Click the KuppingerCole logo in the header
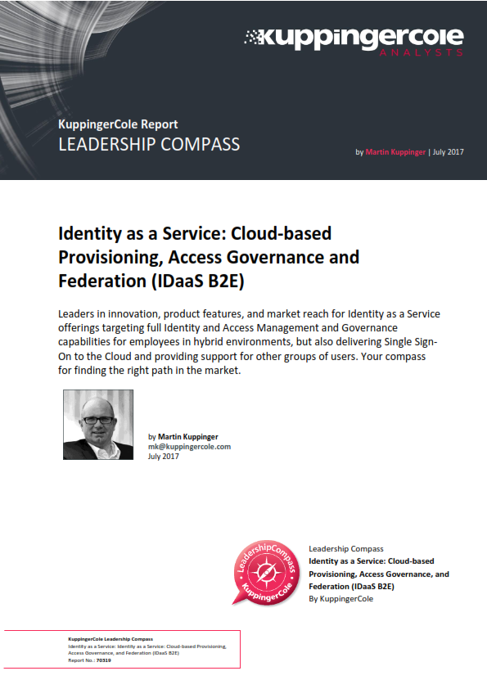[354, 37]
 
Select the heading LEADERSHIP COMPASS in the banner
[149, 145]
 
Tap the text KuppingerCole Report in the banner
[118, 125]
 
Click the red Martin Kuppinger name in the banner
[396, 152]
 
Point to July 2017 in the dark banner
[449, 152]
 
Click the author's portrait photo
[98, 424]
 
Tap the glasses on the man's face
[98, 421]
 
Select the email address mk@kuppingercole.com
[189, 447]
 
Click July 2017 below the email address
[164, 457]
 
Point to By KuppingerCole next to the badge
[340, 599]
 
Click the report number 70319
[103, 660]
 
